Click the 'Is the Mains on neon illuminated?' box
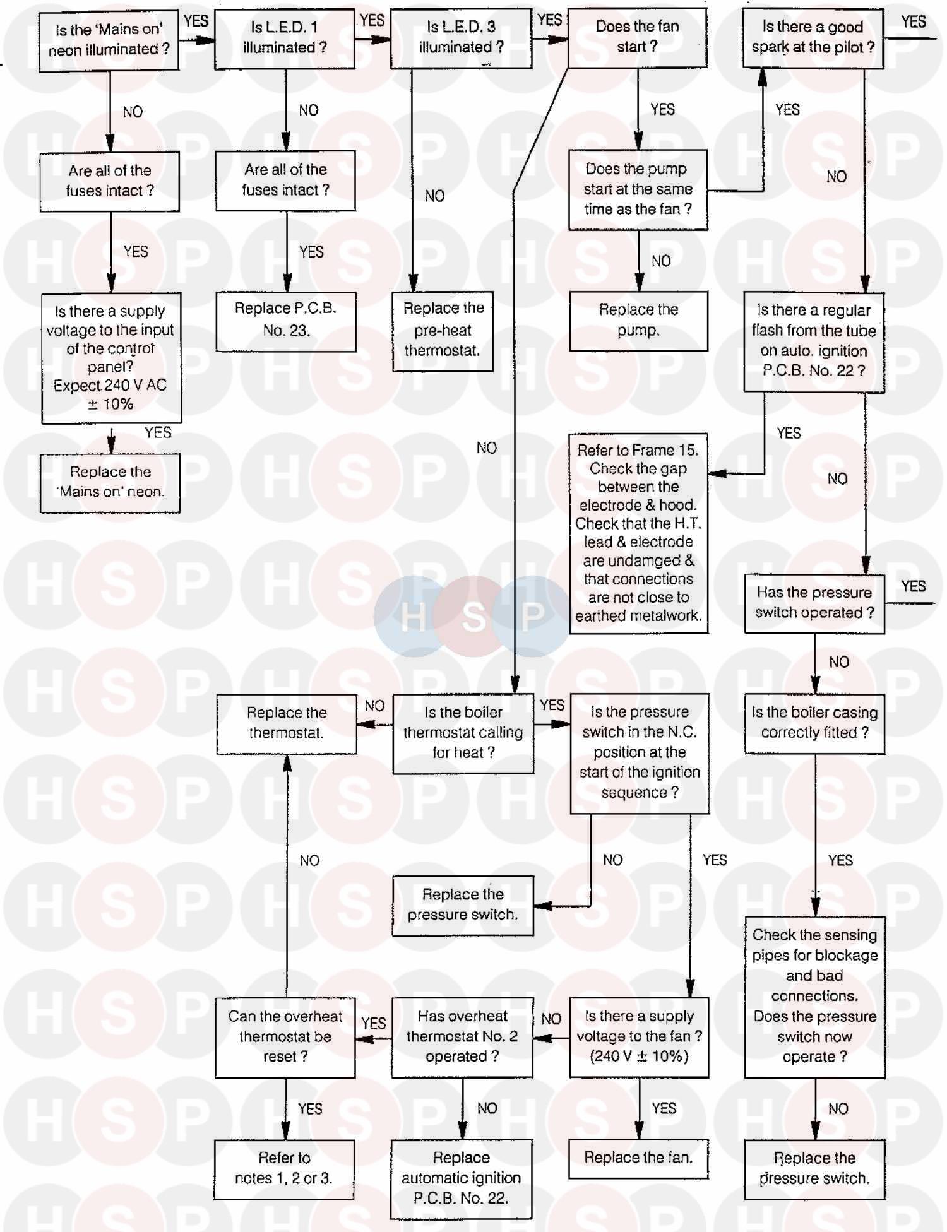[x=109, y=39]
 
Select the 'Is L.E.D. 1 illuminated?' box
[x=284, y=37]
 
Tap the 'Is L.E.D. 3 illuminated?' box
[x=461, y=37]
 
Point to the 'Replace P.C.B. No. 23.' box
[x=286, y=320]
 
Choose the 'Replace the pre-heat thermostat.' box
[x=443, y=329]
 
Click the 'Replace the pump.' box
[x=638, y=320]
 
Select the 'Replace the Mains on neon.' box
[x=110, y=482]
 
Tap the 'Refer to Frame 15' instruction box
[x=638, y=533]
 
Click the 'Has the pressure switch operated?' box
[x=814, y=603]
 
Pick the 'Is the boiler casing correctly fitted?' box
[x=814, y=723]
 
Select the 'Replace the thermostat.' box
[x=287, y=723]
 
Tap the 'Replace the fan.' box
[x=638, y=1158]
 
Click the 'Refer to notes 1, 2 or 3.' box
[x=283, y=1168]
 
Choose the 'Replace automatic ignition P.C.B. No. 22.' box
[x=462, y=1178]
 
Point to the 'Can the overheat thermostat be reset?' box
[x=285, y=1036]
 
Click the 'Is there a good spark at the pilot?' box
[x=813, y=37]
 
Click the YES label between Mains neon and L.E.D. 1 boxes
[x=196, y=21]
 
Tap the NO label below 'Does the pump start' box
[x=661, y=261]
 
